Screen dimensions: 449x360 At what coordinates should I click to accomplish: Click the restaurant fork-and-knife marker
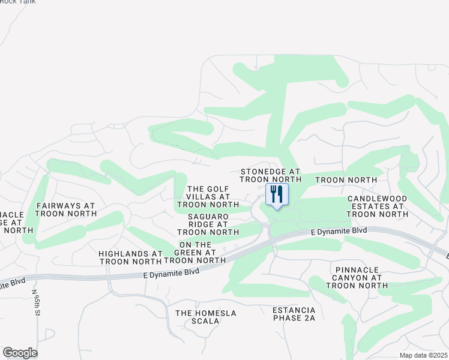tap(277, 195)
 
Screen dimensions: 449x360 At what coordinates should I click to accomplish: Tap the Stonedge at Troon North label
tap(270, 175)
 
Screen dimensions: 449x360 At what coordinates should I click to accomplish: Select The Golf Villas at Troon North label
tap(208, 196)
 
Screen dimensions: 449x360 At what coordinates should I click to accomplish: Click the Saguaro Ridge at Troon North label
tap(208, 224)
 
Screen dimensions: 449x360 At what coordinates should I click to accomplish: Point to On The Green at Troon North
tap(194, 253)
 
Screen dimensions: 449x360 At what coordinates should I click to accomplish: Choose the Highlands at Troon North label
tap(130, 257)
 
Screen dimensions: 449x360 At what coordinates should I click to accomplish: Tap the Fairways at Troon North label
tap(65, 209)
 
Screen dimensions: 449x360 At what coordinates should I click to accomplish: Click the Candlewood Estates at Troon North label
tap(377, 206)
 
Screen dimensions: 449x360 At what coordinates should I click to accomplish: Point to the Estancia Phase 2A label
tap(294, 313)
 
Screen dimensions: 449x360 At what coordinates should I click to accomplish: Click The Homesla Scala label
tap(206, 317)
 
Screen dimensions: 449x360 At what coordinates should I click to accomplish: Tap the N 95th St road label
tap(36, 304)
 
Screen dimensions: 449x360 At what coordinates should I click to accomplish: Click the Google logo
tap(20, 353)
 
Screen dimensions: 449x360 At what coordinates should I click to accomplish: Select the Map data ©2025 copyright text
tap(423, 355)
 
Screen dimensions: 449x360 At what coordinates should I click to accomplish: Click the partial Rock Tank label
tap(18, 2)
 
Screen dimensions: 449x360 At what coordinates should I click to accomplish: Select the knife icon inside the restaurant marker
tap(280, 193)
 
